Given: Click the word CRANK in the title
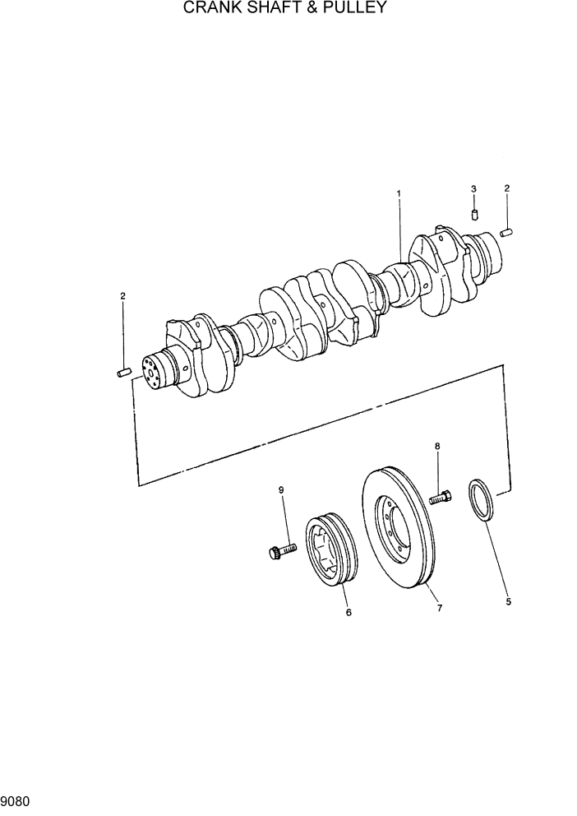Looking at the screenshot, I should (207, 9).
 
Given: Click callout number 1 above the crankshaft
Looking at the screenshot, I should (399, 194).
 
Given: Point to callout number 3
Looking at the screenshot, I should (473, 189).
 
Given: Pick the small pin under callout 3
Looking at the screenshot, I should (474, 216).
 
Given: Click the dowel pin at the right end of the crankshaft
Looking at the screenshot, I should (507, 233).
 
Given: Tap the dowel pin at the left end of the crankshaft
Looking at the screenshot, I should (125, 373).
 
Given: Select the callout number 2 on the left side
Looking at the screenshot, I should (122, 295).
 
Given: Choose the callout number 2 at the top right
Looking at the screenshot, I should (507, 188).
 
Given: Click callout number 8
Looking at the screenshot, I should (437, 447).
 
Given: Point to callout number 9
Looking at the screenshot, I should (281, 491).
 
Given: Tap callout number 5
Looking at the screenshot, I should (508, 602).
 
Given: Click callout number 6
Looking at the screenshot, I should (349, 613).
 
